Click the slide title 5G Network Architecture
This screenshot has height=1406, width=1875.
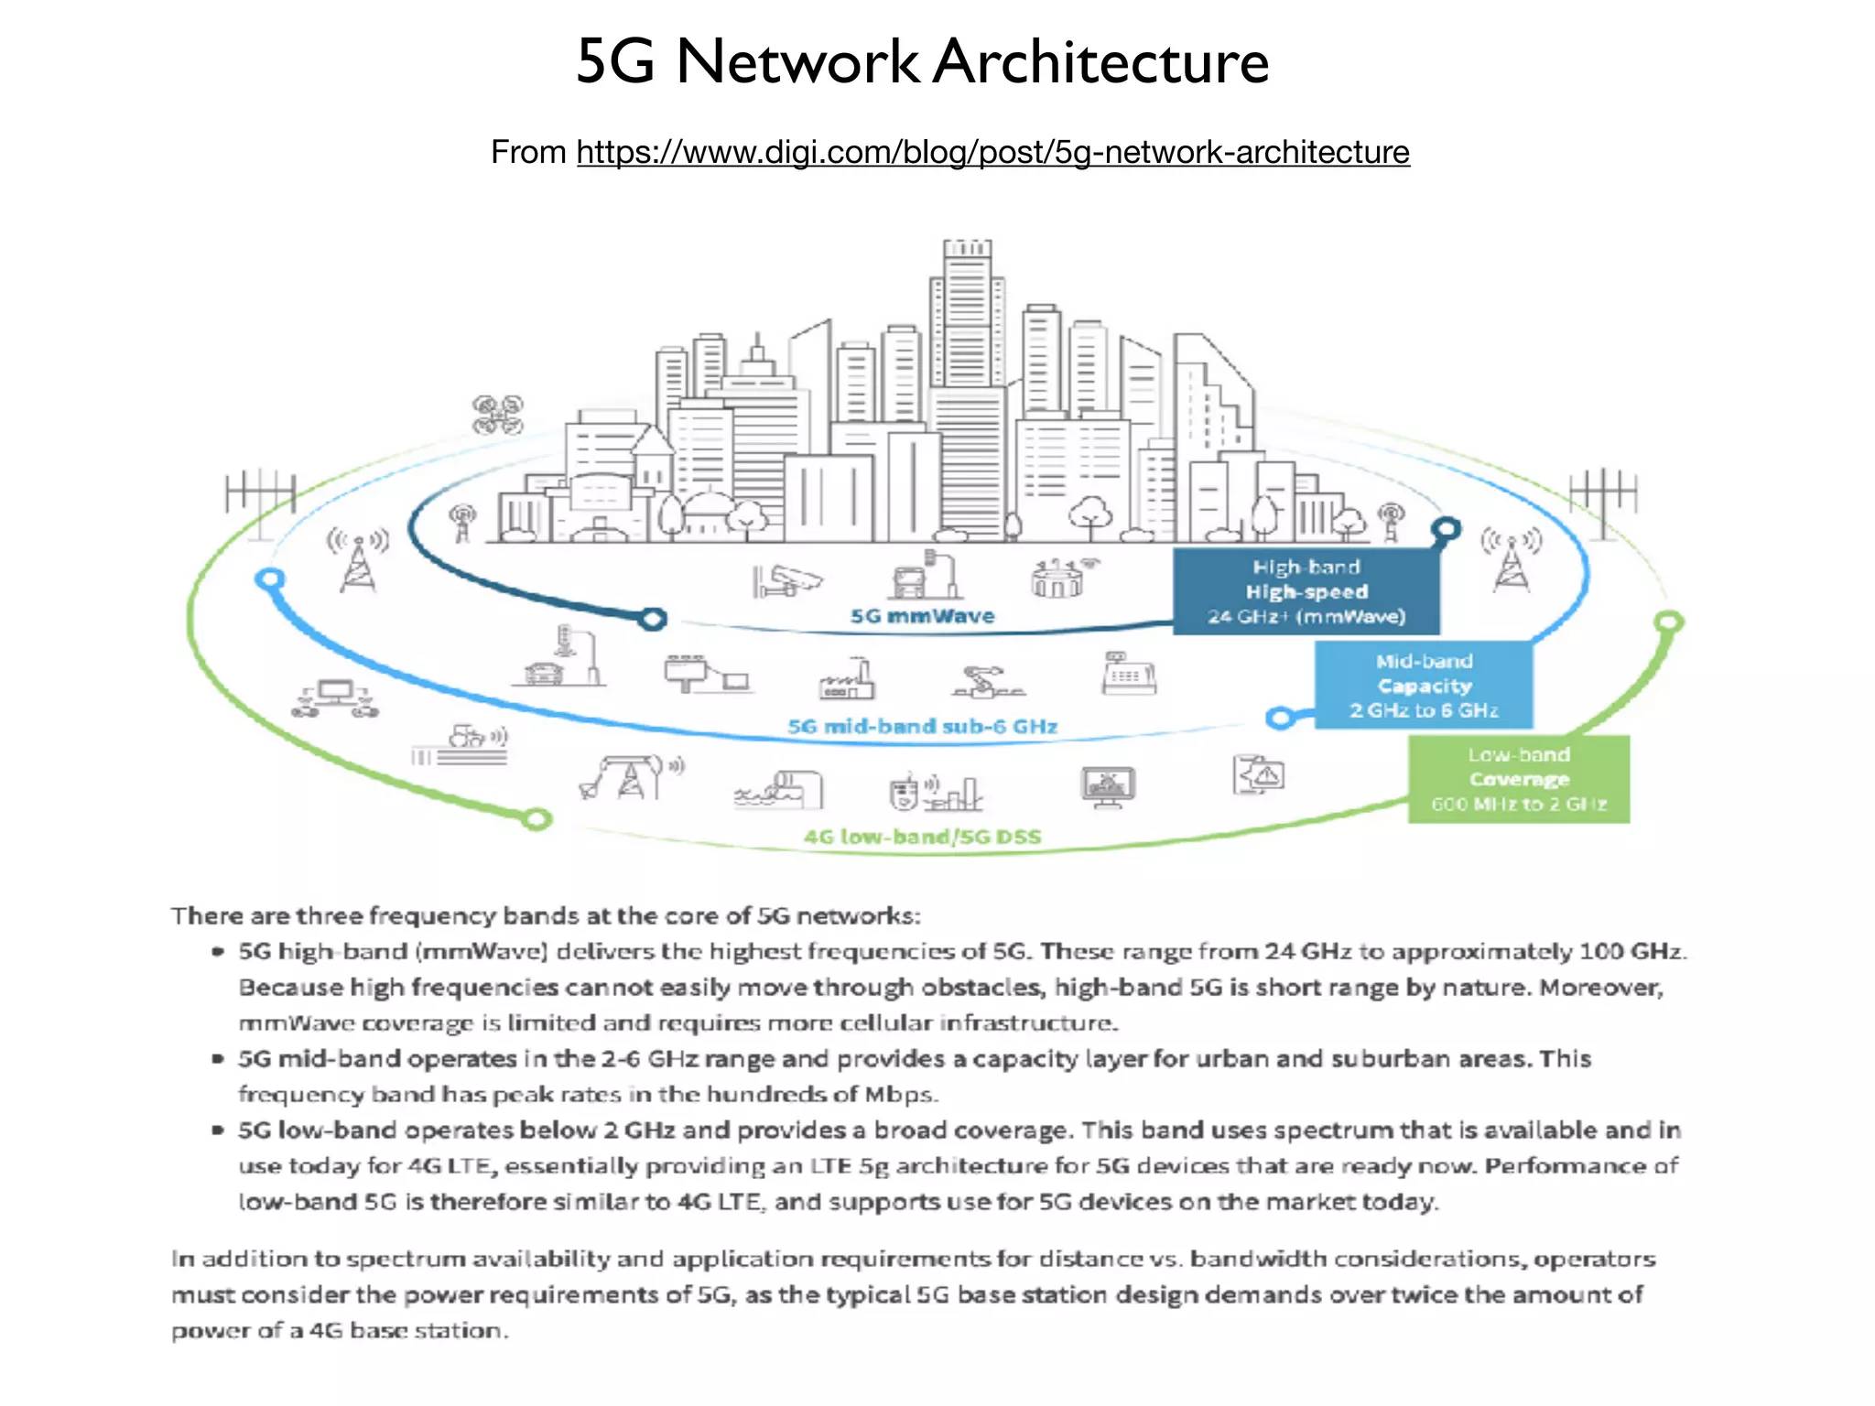click(x=922, y=62)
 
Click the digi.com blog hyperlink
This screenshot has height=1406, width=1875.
click(x=992, y=152)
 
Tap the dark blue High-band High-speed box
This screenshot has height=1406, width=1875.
click(x=1306, y=591)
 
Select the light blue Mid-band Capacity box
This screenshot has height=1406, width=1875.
click(x=1424, y=686)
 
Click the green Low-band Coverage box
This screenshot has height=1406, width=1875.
click(x=1518, y=779)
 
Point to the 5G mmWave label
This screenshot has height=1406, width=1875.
click(x=922, y=616)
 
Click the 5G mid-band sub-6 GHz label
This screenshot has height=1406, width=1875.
click(x=922, y=727)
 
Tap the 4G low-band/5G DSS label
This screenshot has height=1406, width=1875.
click(x=922, y=837)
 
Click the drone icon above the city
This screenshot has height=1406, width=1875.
click(x=497, y=415)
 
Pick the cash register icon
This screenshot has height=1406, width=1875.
click(x=1128, y=674)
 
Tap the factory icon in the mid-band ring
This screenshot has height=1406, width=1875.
click(x=847, y=679)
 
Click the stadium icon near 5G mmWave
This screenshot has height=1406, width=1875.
click(x=1059, y=578)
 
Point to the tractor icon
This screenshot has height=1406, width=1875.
click(x=470, y=737)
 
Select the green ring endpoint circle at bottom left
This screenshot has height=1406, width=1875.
click(x=537, y=818)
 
